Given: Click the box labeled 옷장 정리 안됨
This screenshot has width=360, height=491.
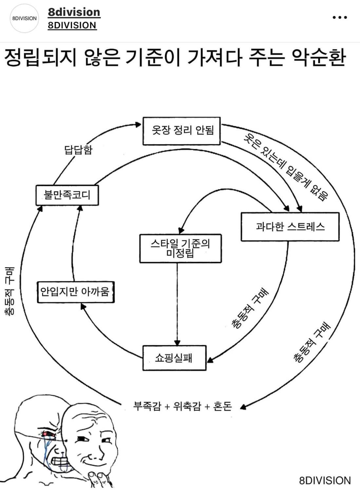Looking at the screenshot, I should click(x=181, y=131).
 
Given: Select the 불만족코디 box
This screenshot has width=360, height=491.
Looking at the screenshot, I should click(x=67, y=195).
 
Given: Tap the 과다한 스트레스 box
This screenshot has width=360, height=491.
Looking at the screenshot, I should click(x=290, y=227).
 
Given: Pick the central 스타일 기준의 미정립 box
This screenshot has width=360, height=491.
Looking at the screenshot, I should click(x=180, y=248).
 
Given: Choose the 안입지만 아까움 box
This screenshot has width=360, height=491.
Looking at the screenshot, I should click(x=75, y=291).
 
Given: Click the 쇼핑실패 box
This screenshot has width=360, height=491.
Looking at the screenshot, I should click(x=174, y=358).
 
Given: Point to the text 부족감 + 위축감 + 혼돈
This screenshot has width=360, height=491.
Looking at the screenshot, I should click(x=182, y=406).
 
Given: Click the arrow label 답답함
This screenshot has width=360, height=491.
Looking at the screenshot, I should click(x=78, y=150).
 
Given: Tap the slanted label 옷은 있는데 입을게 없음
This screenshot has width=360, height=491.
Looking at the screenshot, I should click(x=285, y=167).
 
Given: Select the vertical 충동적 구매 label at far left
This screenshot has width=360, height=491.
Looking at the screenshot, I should click(x=10, y=291).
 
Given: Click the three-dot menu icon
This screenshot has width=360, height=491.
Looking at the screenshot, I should click(x=340, y=17).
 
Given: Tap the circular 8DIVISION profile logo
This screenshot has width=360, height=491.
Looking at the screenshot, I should click(x=24, y=18).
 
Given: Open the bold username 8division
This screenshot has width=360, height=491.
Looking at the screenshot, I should click(x=74, y=12).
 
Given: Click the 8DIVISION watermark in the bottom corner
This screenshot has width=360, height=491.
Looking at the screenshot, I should click(x=325, y=480).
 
